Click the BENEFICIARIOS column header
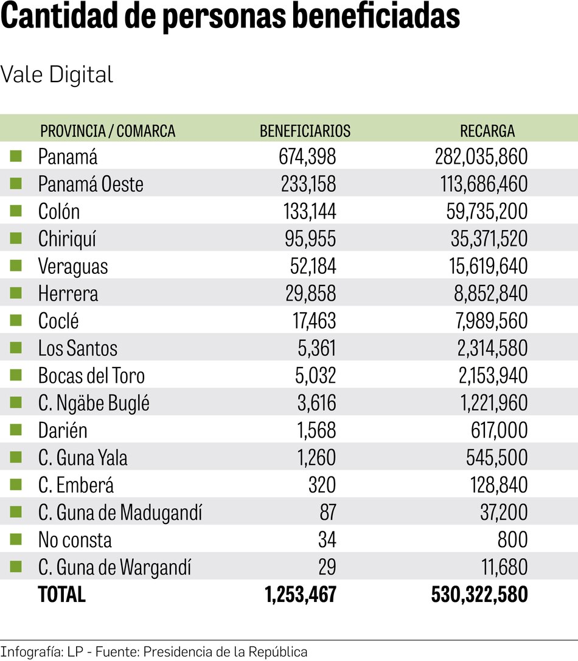(x=305, y=131)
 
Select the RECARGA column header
(x=487, y=131)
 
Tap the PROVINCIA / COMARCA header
(x=107, y=131)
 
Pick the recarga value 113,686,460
(x=481, y=184)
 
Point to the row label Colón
(x=59, y=212)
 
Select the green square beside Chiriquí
(x=16, y=238)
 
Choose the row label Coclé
(x=58, y=321)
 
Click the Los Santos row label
(x=77, y=349)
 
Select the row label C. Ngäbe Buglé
(x=94, y=404)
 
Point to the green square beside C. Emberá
(x=16, y=484)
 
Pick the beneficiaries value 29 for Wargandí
(x=327, y=568)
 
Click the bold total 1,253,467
(x=301, y=595)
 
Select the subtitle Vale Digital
(x=57, y=75)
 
